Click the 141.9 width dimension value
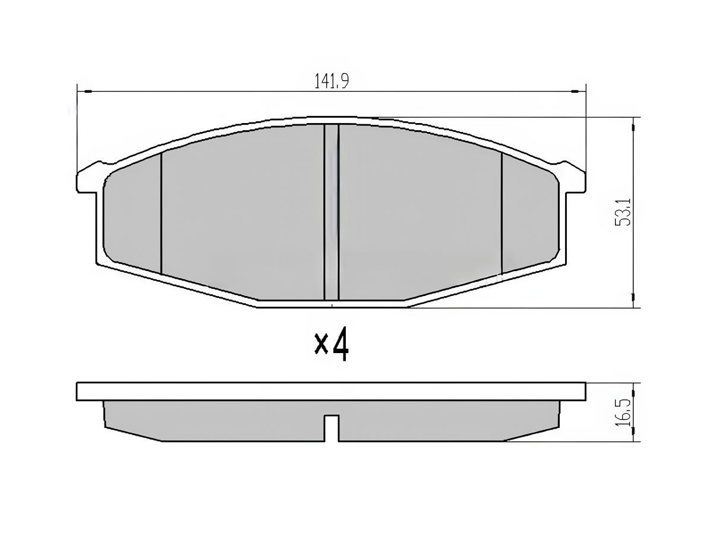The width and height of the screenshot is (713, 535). (332, 81)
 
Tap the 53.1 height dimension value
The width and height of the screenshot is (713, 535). (622, 212)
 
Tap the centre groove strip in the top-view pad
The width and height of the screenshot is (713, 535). (332, 212)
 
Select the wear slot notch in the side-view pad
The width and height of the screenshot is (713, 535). (332, 428)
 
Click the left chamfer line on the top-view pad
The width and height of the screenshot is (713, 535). (161, 213)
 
